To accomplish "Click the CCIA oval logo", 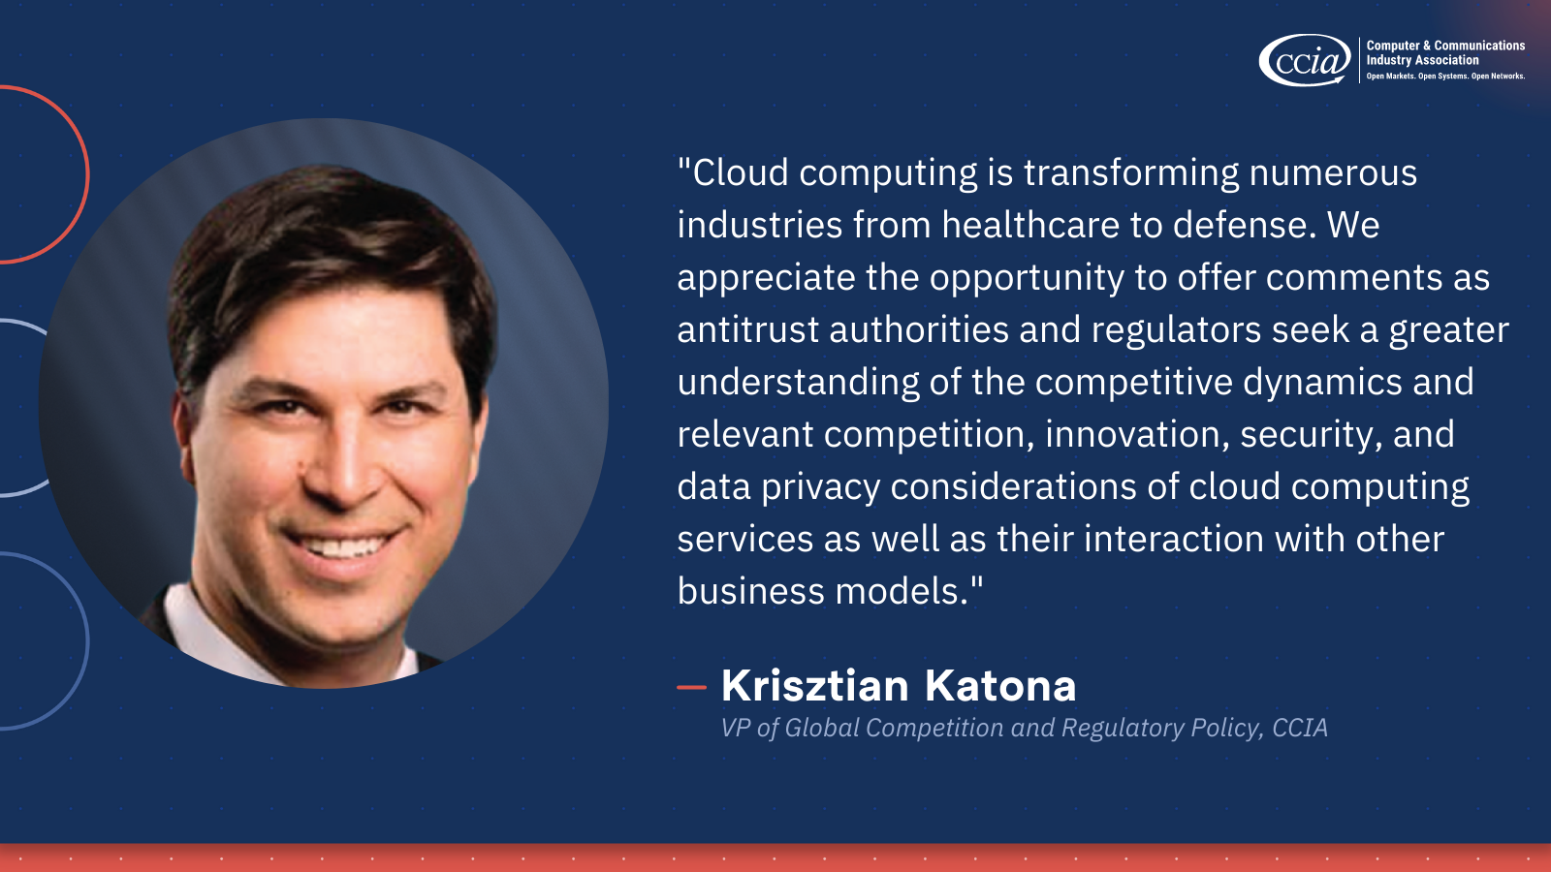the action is point(1305,60).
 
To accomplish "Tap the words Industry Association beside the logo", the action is point(1422,60).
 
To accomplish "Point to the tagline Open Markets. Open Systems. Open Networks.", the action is point(1445,77).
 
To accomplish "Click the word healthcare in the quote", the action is point(1030,224).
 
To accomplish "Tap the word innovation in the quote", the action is point(1132,435).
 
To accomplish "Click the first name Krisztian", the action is point(814,685).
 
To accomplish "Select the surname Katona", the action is point(1000,685).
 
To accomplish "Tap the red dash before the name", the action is point(691,687).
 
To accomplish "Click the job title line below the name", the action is point(1024,728).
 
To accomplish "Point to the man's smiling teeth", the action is point(341,546).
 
